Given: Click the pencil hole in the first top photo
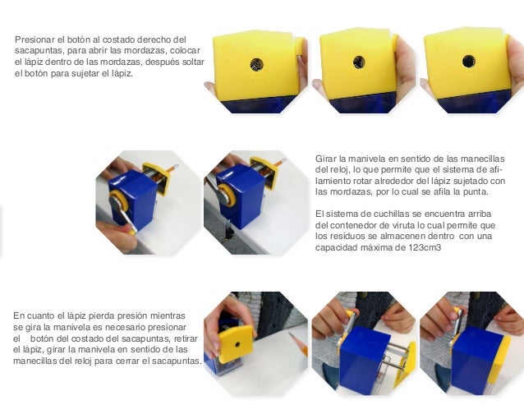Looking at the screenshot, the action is coord(256,65).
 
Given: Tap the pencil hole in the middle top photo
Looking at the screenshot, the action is coord(359,62).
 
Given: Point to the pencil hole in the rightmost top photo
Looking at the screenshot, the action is coord(468,61).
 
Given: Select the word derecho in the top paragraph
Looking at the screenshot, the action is coord(154,39).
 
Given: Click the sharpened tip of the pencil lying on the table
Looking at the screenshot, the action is coord(290,334).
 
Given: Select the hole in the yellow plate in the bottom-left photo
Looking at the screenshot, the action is coord(237,344).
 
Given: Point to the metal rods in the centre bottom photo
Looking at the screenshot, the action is coord(397,355).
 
